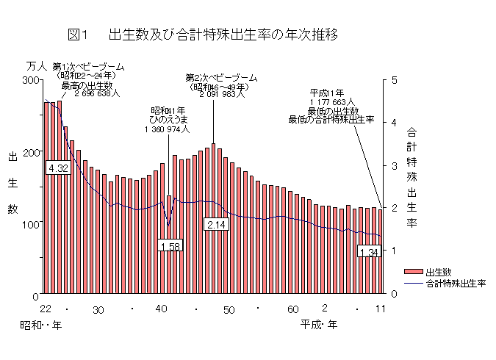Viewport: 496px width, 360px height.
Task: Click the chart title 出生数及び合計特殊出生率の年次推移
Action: pyautogui.click(x=223, y=35)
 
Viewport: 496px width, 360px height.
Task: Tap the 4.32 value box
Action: pyautogui.click(x=57, y=168)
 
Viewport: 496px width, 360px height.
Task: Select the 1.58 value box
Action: pyautogui.click(x=170, y=246)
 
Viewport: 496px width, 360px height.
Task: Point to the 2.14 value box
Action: pyautogui.click(x=217, y=224)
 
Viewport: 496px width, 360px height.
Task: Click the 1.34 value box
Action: pyautogui.click(x=369, y=252)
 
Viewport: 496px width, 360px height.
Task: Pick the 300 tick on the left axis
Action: pyautogui.click(x=30, y=79)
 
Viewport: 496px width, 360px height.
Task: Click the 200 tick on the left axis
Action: pyautogui.click(x=30, y=151)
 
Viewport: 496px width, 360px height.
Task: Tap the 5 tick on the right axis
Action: pyautogui.click(x=394, y=79)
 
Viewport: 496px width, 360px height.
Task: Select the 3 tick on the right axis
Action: pyautogui.click(x=394, y=165)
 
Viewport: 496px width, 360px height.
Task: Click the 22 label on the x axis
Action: pyautogui.click(x=46, y=309)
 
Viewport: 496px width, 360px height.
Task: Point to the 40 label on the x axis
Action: pyautogui.click(x=162, y=309)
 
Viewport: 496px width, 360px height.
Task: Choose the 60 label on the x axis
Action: pyautogui.click(x=292, y=309)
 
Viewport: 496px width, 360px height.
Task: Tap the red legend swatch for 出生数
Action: pyautogui.click(x=413, y=272)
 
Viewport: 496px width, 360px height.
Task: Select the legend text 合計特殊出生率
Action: pyautogui.click(x=456, y=283)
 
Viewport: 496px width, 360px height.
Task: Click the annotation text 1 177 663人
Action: pyautogui.click(x=332, y=102)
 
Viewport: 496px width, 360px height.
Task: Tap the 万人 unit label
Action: pyautogui.click(x=36, y=67)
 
